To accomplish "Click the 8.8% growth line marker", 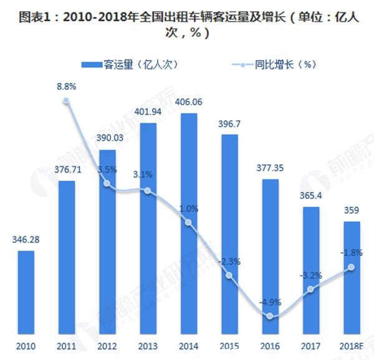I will click(66, 101).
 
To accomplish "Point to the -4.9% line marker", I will click(269, 316).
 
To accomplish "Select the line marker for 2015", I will click(229, 275).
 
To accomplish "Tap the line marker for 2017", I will click(310, 289).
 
